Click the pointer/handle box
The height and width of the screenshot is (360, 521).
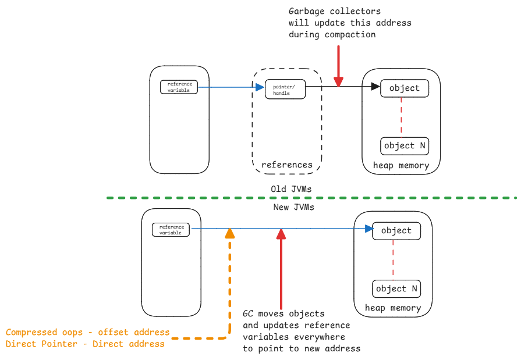click(284, 89)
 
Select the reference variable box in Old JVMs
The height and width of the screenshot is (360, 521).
click(179, 87)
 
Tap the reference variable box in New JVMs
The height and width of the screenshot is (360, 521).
click(171, 230)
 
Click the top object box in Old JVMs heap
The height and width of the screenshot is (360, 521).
click(404, 88)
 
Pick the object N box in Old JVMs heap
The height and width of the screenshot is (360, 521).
click(405, 146)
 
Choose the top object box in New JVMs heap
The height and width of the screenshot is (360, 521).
click(396, 231)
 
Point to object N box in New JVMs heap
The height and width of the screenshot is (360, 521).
click(396, 289)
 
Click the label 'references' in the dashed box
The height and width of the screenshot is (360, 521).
click(286, 165)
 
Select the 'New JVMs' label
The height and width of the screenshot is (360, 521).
click(293, 207)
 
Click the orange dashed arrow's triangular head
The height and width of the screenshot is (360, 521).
click(230, 233)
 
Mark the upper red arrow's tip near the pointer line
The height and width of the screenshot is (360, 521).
click(338, 83)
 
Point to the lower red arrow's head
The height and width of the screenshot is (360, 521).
click(281, 233)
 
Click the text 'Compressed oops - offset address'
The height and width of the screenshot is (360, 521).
click(87, 333)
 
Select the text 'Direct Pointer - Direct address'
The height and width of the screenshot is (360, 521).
click(85, 344)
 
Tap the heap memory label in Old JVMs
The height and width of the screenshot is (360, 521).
click(401, 166)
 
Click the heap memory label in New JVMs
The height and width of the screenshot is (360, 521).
click(393, 308)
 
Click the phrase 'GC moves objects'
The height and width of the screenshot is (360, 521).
click(283, 314)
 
